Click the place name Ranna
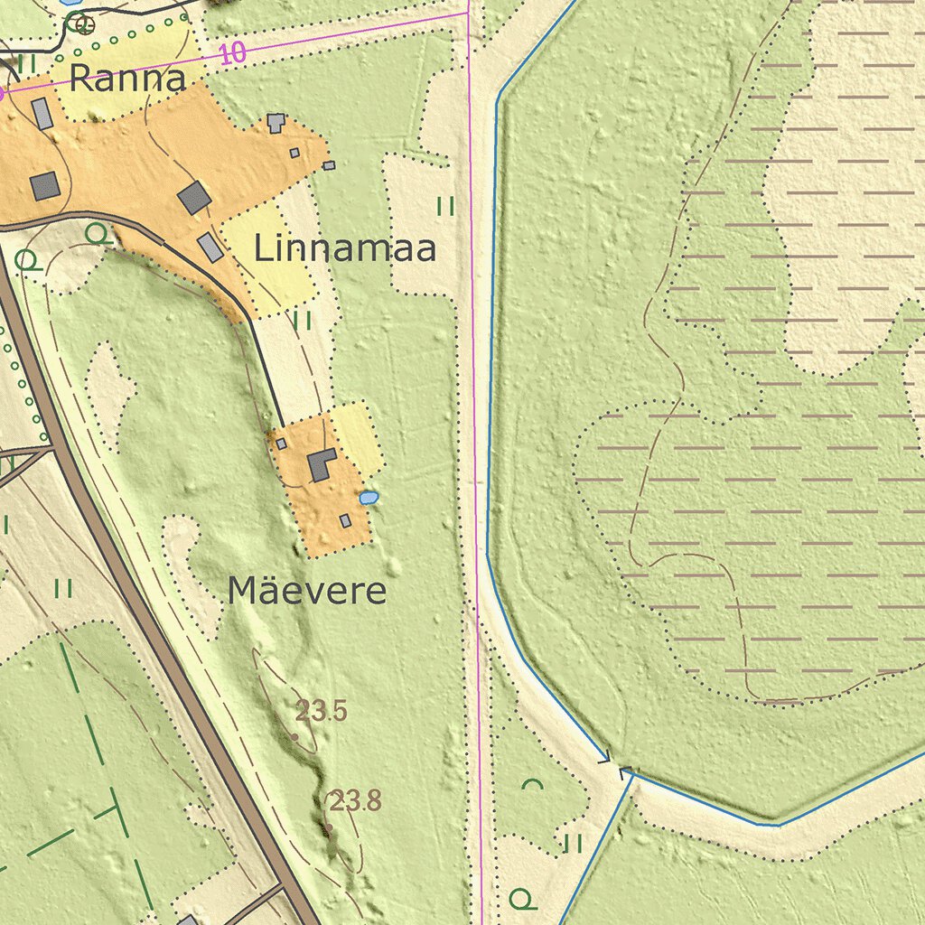(x=127, y=79)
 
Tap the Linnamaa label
(x=345, y=248)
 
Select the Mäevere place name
(x=307, y=592)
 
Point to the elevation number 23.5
(x=322, y=711)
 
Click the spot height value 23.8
(x=355, y=800)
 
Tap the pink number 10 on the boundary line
(x=232, y=53)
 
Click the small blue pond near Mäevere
(x=369, y=498)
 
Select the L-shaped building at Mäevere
(x=322, y=464)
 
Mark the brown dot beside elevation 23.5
(x=294, y=737)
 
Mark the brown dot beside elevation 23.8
(x=329, y=827)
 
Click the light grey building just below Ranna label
(x=42, y=114)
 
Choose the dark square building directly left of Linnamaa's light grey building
(x=194, y=197)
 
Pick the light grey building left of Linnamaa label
(x=210, y=247)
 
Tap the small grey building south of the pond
(x=345, y=520)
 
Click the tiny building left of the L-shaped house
(x=281, y=444)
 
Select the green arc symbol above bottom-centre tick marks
(x=533, y=784)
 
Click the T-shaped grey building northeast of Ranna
(x=276, y=122)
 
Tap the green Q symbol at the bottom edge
(x=519, y=898)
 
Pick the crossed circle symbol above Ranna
(x=84, y=24)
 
